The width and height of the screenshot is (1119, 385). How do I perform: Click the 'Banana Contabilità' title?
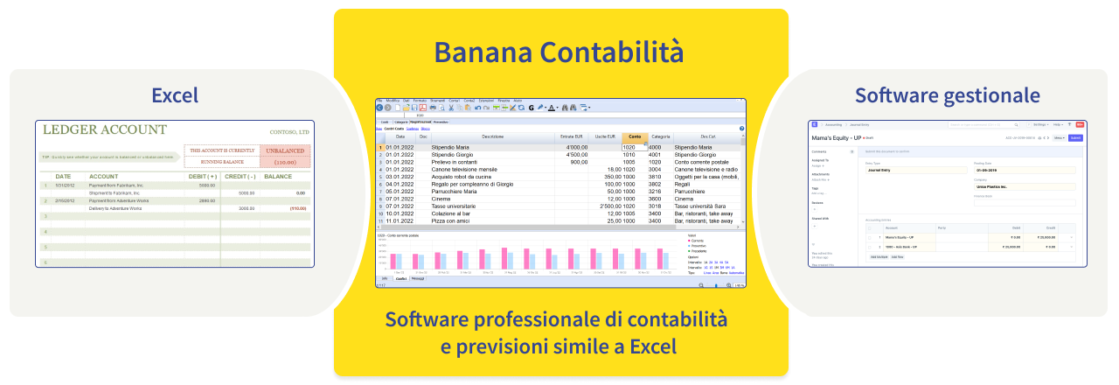559,52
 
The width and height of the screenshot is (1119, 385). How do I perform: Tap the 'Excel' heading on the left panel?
175,94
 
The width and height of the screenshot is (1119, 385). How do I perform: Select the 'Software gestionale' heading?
948,94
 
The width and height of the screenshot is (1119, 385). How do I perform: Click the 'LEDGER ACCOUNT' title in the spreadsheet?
104,130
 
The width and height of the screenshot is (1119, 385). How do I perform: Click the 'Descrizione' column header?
493,136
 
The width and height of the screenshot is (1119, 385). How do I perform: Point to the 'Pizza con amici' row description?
455,220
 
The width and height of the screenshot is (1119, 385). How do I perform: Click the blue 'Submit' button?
1076,138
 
